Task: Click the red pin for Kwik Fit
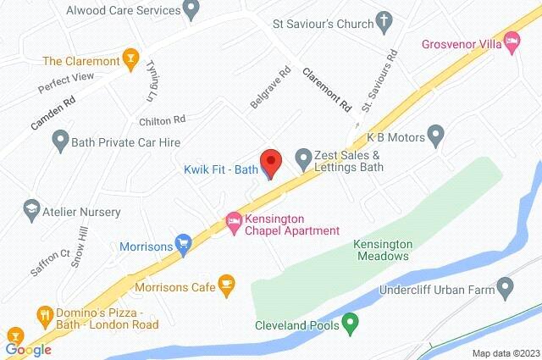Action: coord(270,160)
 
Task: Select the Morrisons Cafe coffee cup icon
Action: coord(226,286)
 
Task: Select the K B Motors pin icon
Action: coord(435,134)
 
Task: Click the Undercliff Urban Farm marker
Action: coord(506,290)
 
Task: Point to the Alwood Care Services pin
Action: coord(191,11)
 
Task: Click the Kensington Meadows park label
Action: coord(380,249)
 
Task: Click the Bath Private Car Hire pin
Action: coord(60,139)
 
